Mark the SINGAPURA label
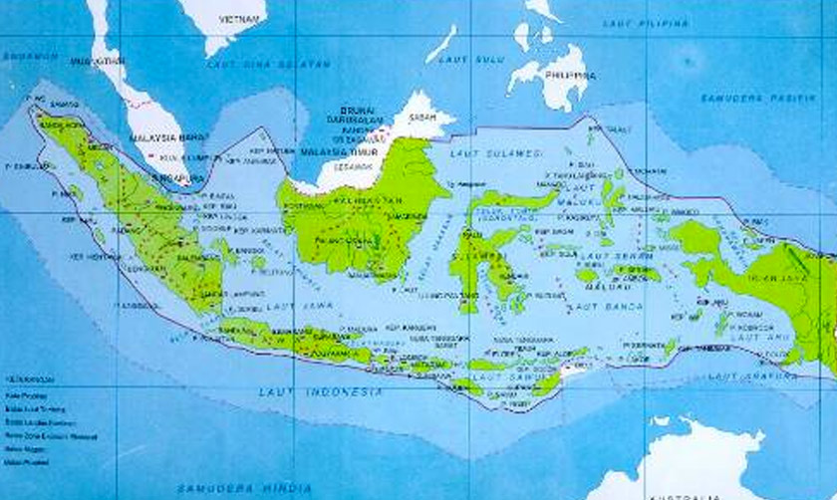click(x=171, y=178)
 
